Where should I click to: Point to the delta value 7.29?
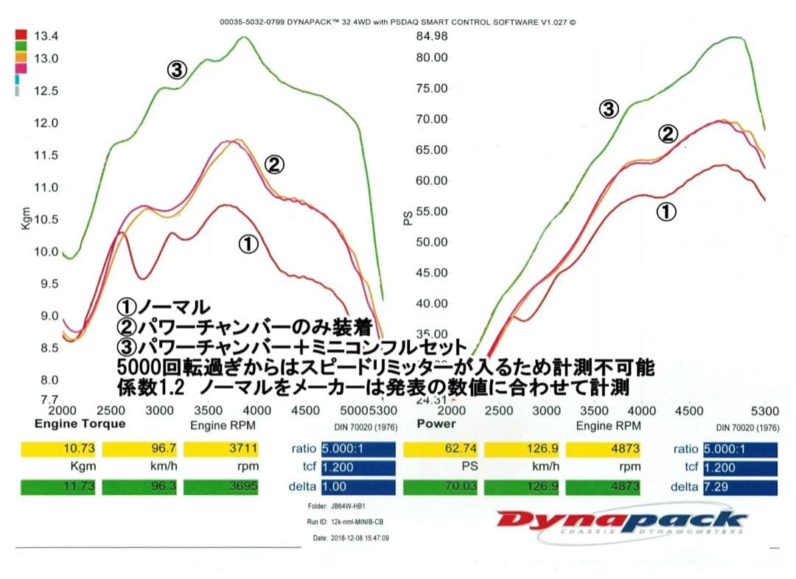[x=740, y=486]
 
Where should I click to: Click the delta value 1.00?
[x=357, y=486]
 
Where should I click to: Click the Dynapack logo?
[x=622, y=522]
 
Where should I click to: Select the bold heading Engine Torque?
[x=80, y=424]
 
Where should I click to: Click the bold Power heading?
[x=436, y=424]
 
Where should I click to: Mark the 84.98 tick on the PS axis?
[x=432, y=36]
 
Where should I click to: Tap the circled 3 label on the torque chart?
[x=176, y=70]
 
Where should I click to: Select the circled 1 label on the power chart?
[x=666, y=212]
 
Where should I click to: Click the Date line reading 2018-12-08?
[x=351, y=538]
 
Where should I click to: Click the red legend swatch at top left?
[x=21, y=35]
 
